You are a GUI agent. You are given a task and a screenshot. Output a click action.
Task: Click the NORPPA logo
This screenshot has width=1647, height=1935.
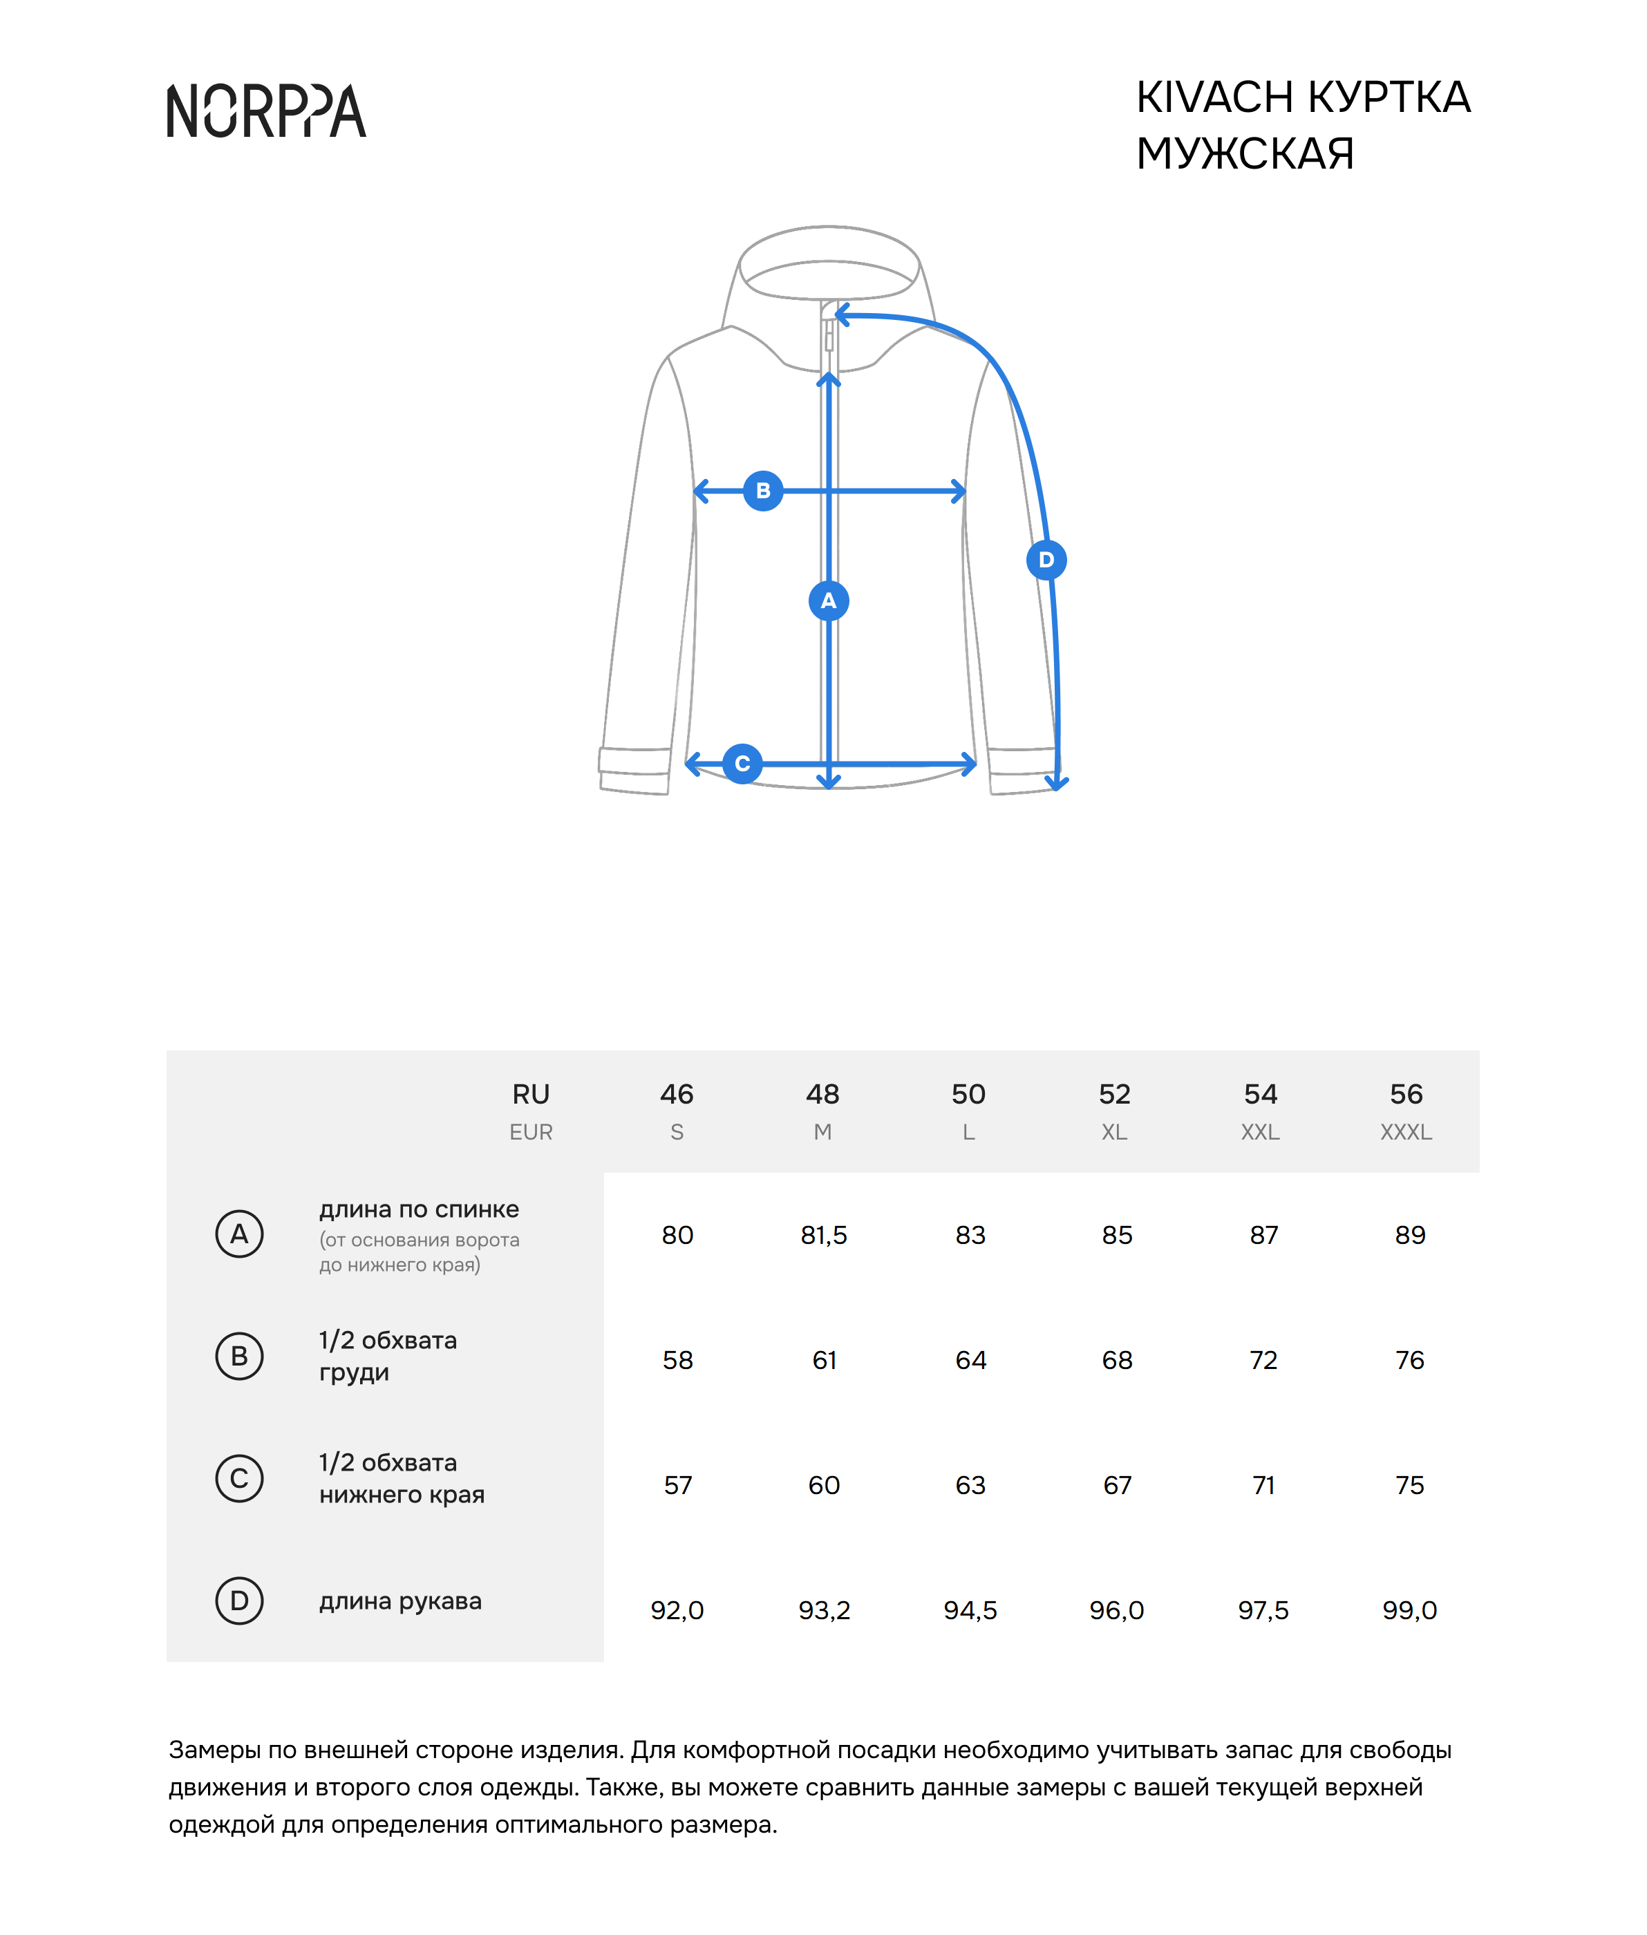pyautogui.click(x=266, y=111)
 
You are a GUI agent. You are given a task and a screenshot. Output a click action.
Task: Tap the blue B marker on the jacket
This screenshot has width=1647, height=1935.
pyautogui.click(x=763, y=491)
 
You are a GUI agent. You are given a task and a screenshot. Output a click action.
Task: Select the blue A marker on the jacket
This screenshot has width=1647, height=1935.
pyautogui.click(x=828, y=601)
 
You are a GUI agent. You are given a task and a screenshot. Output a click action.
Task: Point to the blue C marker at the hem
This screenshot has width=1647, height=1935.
pyautogui.click(x=742, y=764)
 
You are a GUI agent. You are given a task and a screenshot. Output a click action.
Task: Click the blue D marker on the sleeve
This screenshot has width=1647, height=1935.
pyautogui.click(x=1046, y=560)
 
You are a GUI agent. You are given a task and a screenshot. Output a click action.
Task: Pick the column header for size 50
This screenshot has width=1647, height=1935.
pyautogui.click(x=968, y=1094)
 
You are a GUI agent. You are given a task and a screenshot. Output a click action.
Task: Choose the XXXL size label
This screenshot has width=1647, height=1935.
pyautogui.click(x=1405, y=1132)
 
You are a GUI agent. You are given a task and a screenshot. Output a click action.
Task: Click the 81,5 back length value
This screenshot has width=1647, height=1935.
pyautogui.click(x=824, y=1235)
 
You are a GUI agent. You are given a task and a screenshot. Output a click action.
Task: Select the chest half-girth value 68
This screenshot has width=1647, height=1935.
pyautogui.click(x=1117, y=1360)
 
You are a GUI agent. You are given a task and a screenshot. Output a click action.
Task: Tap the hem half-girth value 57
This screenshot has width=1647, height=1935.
pyautogui.click(x=678, y=1485)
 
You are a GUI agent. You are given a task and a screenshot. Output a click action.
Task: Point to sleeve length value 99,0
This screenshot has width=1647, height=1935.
pyautogui.click(x=1409, y=1610)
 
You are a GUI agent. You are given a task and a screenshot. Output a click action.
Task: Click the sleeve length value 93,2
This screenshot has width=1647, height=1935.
pyautogui.click(x=824, y=1610)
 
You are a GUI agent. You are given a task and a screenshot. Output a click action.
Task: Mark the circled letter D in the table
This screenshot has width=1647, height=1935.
pyautogui.click(x=239, y=1601)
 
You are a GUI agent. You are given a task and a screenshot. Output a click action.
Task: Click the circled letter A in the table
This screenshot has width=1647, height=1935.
pyautogui.click(x=239, y=1234)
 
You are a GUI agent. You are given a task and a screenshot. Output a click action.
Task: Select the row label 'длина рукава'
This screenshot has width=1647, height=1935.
pyautogui.click(x=401, y=1601)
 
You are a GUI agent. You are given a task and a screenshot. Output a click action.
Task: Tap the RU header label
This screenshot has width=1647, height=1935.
pyautogui.click(x=530, y=1094)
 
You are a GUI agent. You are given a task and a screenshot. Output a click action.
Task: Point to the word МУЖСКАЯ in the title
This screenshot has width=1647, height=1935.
pyautogui.click(x=1245, y=154)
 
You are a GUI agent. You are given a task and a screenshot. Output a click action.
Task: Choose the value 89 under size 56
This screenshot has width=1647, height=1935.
pyautogui.click(x=1409, y=1235)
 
